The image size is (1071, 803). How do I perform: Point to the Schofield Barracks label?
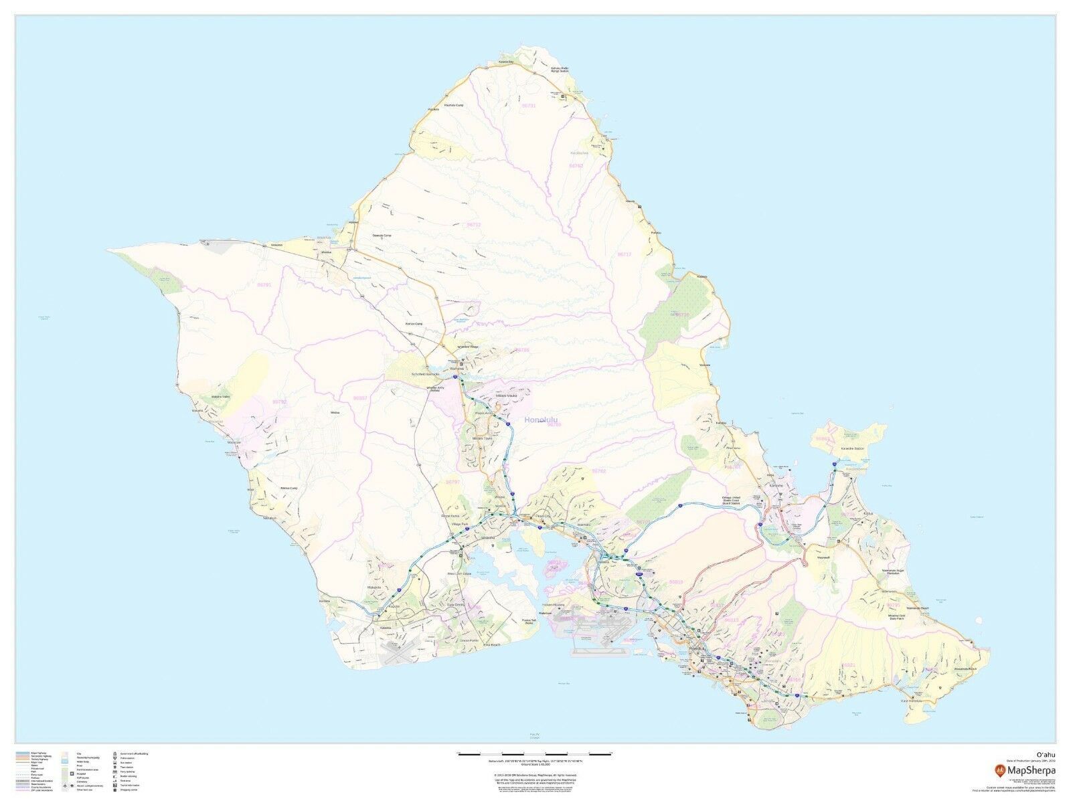coord(425,374)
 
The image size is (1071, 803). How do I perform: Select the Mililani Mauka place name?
coord(507,397)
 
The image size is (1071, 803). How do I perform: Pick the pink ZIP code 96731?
coord(529,106)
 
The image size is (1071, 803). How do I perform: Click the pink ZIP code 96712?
coord(473,225)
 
